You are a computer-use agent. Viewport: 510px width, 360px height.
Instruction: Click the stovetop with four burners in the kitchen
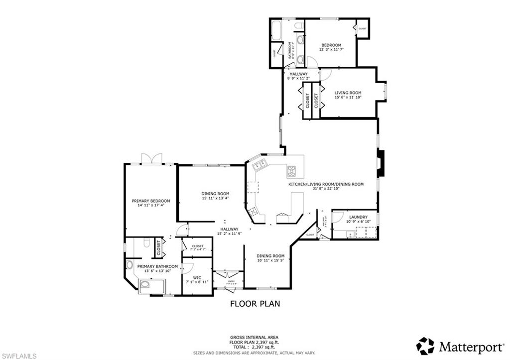pyautogui.click(x=291, y=172)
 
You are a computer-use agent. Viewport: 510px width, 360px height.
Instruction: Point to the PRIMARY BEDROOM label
pyautogui.click(x=150, y=201)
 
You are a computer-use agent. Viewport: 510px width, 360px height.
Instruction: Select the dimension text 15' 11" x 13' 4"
pyautogui.click(x=215, y=198)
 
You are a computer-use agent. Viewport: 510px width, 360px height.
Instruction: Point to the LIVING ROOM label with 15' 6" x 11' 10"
pyautogui.click(x=348, y=93)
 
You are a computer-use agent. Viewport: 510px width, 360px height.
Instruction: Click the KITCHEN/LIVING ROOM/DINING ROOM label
pyautogui.click(x=326, y=184)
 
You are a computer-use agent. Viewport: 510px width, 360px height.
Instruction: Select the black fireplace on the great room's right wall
pyautogui.click(x=381, y=163)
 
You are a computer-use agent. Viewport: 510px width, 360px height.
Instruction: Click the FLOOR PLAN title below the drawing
pyautogui.click(x=255, y=303)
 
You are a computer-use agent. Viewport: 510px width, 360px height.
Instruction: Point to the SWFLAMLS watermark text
pyautogui.click(x=20, y=355)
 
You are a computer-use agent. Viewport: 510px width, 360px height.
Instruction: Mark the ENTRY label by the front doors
pyautogui.click(x=231, y=282)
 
